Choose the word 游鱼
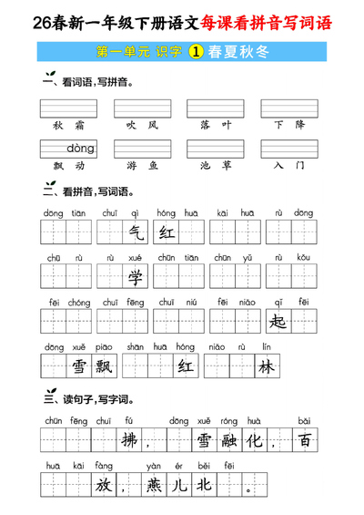point(142,166)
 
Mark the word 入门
point(289,166)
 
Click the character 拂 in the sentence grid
point(131,440)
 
